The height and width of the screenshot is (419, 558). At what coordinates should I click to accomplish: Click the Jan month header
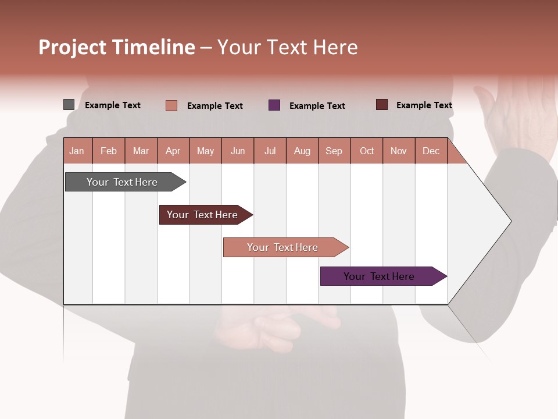[77, 151]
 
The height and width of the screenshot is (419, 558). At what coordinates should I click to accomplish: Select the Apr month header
[173, 151]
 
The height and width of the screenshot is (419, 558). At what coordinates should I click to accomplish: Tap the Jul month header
[270, 151]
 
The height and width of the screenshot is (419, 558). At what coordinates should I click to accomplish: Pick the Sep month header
[334, 151]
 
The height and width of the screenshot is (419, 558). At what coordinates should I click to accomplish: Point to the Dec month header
[431, 151]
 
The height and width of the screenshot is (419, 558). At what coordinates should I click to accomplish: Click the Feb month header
[109, 151]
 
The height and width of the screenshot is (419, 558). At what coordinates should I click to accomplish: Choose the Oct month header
[367, 151]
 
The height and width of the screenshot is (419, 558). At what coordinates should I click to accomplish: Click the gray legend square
[69, 105]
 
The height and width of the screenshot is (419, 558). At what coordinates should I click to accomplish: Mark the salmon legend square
[171, 105]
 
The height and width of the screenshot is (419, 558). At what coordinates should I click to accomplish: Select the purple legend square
[274, 105]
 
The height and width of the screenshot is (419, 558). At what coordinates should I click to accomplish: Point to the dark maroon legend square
[382, 105]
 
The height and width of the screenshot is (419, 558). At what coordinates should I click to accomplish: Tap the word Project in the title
[72, 47]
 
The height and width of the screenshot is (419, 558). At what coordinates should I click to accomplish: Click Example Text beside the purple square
[317, 106]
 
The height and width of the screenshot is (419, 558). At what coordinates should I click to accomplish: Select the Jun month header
[238, 151]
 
